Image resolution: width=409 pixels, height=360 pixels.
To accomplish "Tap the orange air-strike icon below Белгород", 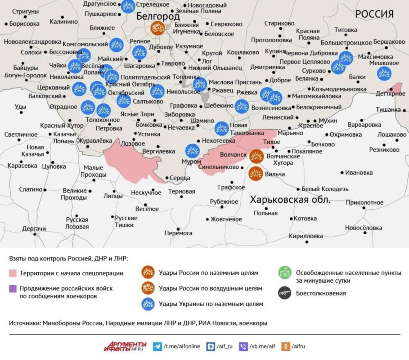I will (157, 29).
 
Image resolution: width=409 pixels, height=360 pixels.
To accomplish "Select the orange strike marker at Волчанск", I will (256, 156).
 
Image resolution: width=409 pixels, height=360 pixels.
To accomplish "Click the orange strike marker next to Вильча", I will (256, 173).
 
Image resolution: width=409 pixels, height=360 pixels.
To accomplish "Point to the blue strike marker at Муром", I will (192, 151).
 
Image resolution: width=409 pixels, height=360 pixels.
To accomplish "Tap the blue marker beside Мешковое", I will (384, 73).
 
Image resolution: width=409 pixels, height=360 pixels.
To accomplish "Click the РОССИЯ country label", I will (374, 14).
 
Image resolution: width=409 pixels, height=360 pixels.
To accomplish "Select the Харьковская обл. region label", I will (290, 200).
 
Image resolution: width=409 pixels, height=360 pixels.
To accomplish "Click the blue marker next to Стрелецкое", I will (128, 6).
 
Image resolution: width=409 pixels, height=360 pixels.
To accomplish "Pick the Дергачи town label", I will (34, 229).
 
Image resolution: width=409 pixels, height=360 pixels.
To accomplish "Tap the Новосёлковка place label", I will (364, 228).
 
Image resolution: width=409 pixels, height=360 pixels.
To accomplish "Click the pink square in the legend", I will (13, 273).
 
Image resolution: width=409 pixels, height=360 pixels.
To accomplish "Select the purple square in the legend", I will (13, 288).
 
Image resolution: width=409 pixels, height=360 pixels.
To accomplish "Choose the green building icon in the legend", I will (284, 273).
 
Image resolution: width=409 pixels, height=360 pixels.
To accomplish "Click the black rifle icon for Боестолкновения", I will (284, 293).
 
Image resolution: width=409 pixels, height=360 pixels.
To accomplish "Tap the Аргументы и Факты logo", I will (126, 346).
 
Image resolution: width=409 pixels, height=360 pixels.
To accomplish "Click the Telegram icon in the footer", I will (157, 346).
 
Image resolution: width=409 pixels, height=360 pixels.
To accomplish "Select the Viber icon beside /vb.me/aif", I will (243, 346).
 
